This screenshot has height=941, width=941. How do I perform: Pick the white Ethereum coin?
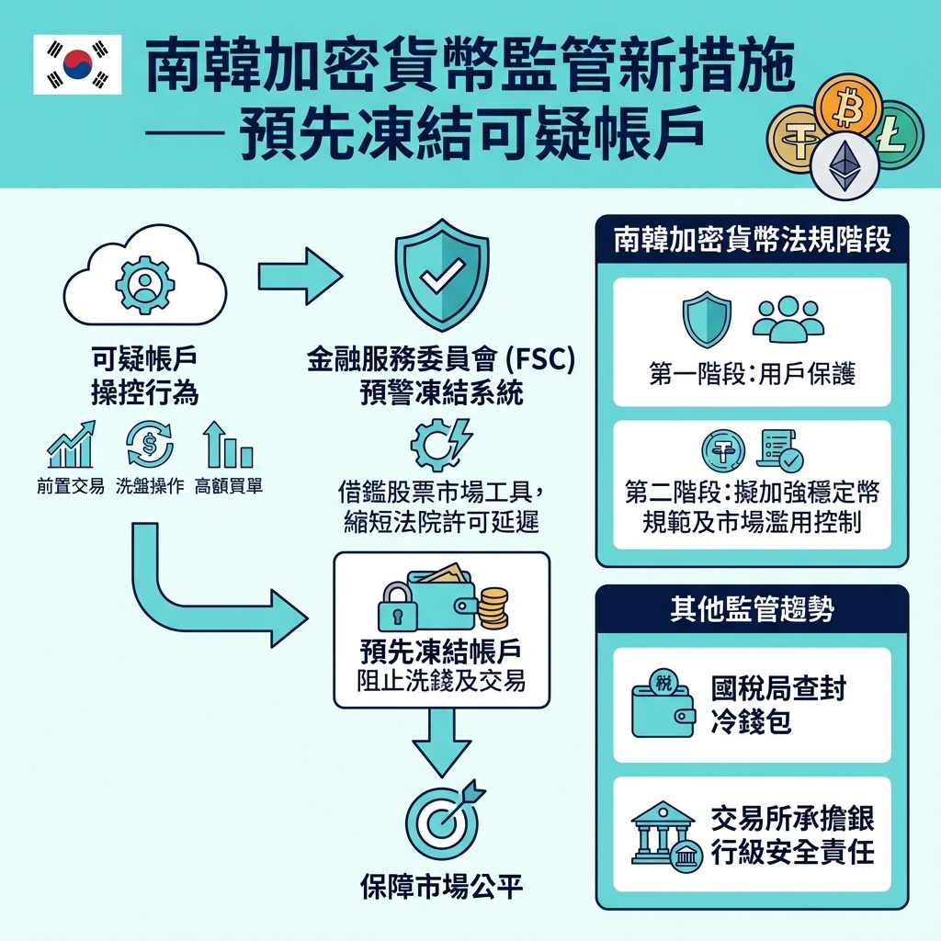(844, 165)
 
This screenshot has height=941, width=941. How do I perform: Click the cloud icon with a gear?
(144, 280)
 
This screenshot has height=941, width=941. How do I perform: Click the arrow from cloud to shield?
(299, 276)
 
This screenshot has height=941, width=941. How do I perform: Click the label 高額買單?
(229, 487)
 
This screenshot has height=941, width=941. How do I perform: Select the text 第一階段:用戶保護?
(752, 376)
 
